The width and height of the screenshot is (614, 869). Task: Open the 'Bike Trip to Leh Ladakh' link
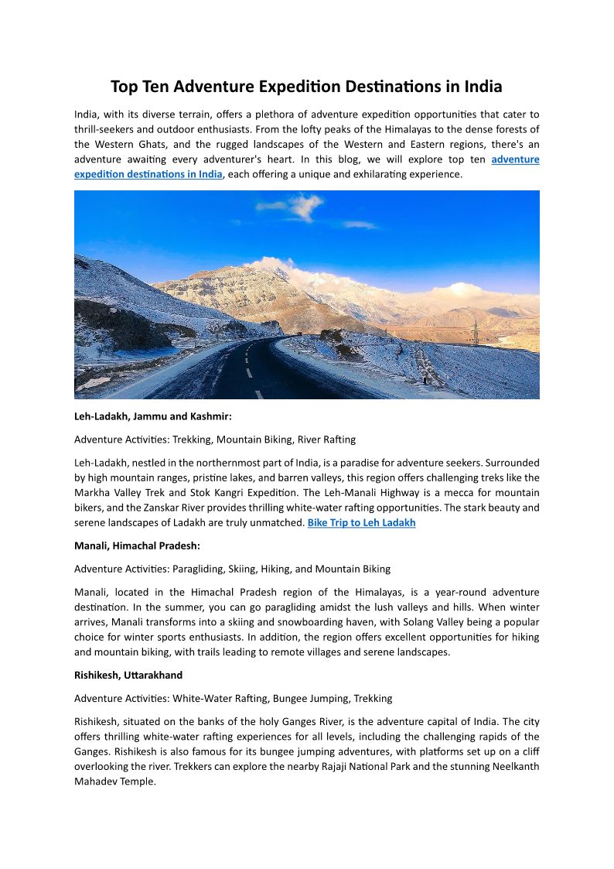(361, 522)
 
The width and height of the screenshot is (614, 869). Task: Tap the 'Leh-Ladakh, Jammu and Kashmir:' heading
(148, 416)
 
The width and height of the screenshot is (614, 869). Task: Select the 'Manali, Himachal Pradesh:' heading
(137, 546)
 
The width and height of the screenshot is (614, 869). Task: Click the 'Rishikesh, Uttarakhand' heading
(128, 675)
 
